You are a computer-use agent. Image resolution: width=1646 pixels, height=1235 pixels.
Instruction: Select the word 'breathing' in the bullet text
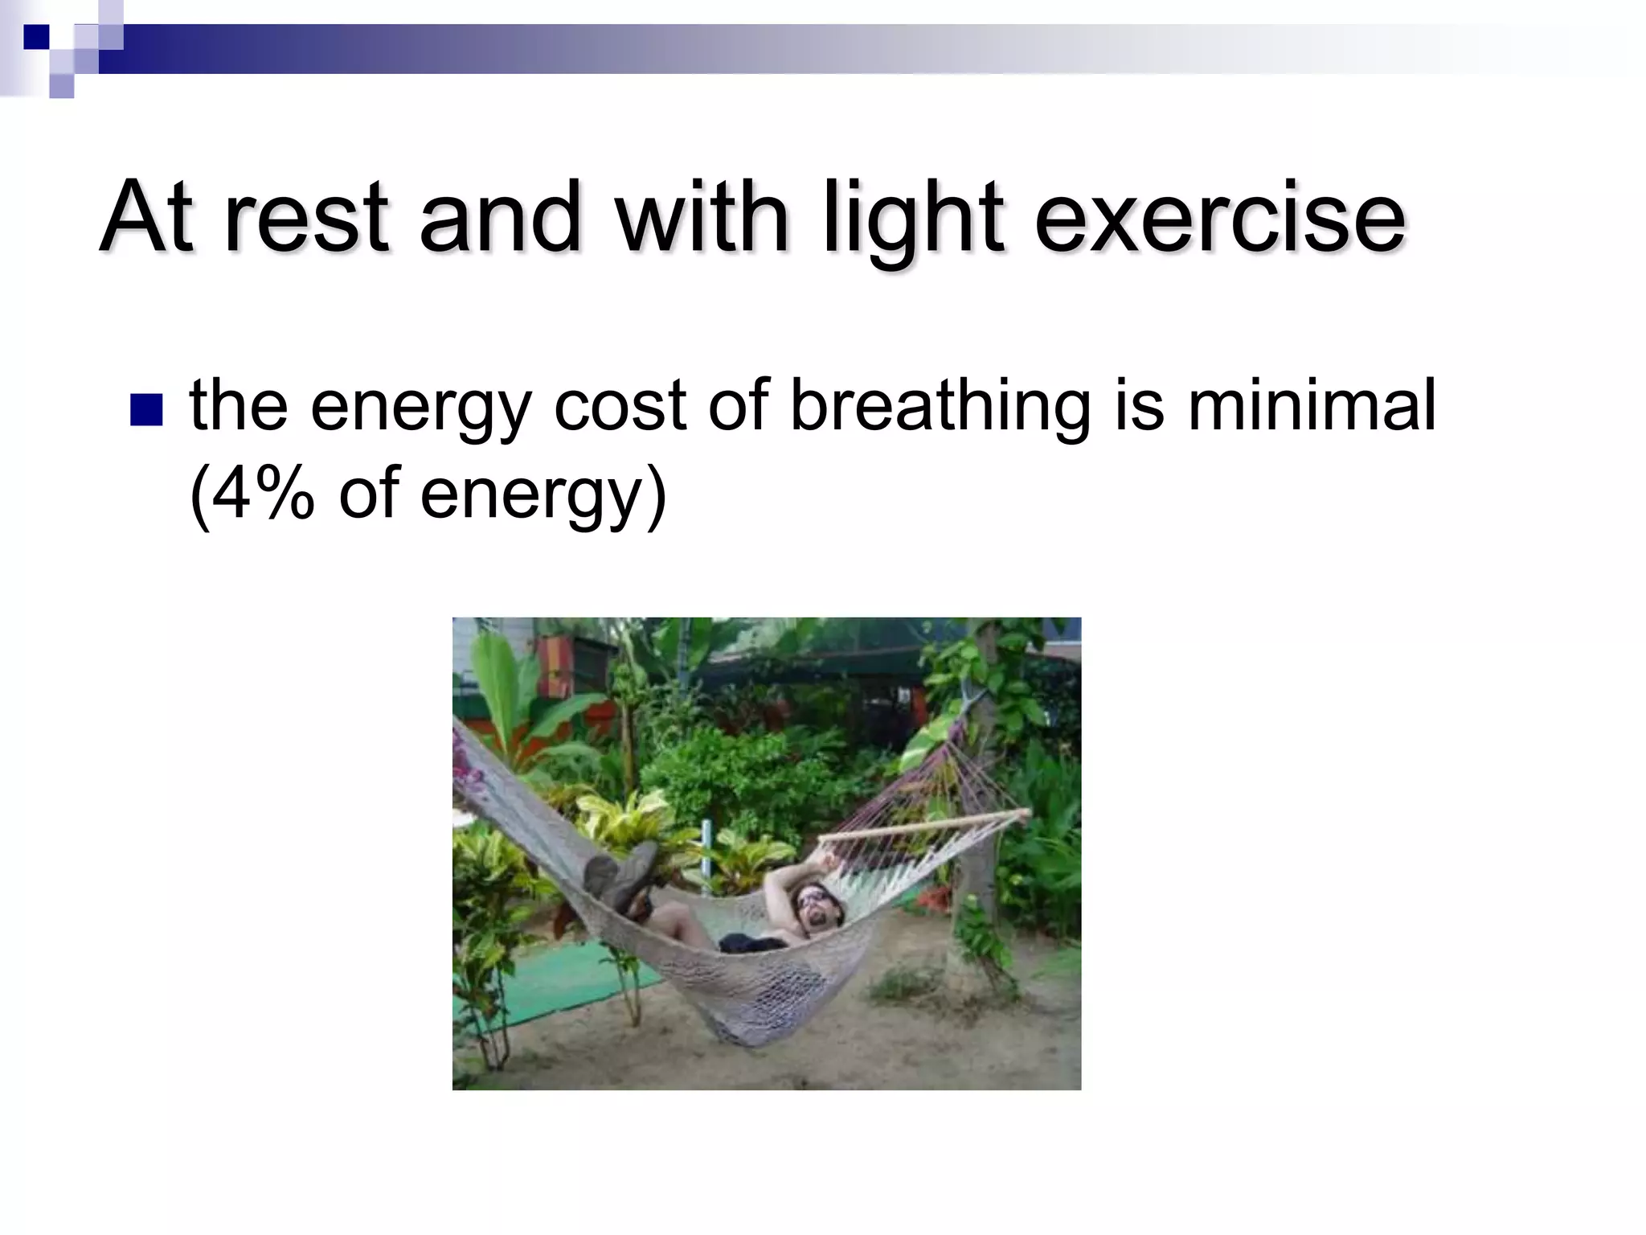(940, 406)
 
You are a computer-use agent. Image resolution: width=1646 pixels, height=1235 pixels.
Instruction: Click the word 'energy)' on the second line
(543, 495)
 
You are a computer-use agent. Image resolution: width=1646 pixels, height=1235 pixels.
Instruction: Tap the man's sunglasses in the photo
(812, 898)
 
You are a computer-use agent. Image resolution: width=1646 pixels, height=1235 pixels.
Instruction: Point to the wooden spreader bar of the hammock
(924, 826)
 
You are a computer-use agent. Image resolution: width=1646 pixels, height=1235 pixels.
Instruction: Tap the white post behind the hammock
(706, 852)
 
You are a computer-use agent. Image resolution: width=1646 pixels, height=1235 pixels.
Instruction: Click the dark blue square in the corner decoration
(37, 37)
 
